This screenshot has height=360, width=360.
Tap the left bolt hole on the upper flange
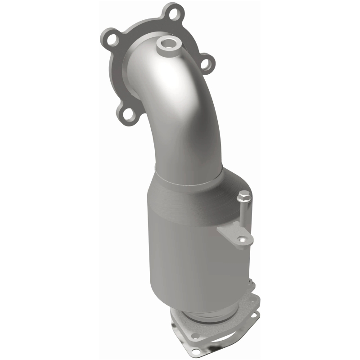(x=110, y=37)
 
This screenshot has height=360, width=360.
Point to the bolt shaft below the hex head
(x=244, y=214)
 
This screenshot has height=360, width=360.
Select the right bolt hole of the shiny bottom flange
(x=254, y=315)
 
